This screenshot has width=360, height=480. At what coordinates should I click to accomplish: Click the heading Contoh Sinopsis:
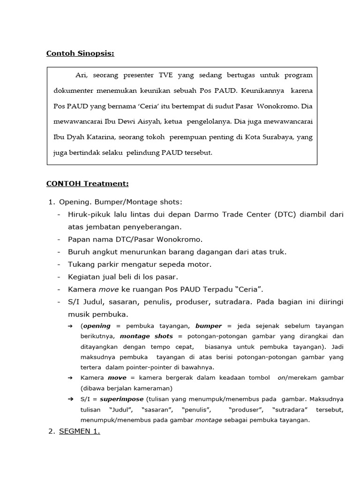coord(80,53)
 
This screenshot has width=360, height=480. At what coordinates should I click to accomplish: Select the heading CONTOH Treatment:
coord(87,183)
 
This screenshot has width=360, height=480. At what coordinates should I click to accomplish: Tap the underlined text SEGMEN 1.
coord(79,432)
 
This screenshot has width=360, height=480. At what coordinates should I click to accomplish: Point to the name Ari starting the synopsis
coord(82,75)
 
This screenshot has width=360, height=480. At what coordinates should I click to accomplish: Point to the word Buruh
coord(79,252)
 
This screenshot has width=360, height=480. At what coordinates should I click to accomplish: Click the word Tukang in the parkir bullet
coord(81,264)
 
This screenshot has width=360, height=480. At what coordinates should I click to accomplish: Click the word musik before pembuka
coord(79,314)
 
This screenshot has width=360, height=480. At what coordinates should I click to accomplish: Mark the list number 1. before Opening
coord(52,202)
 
